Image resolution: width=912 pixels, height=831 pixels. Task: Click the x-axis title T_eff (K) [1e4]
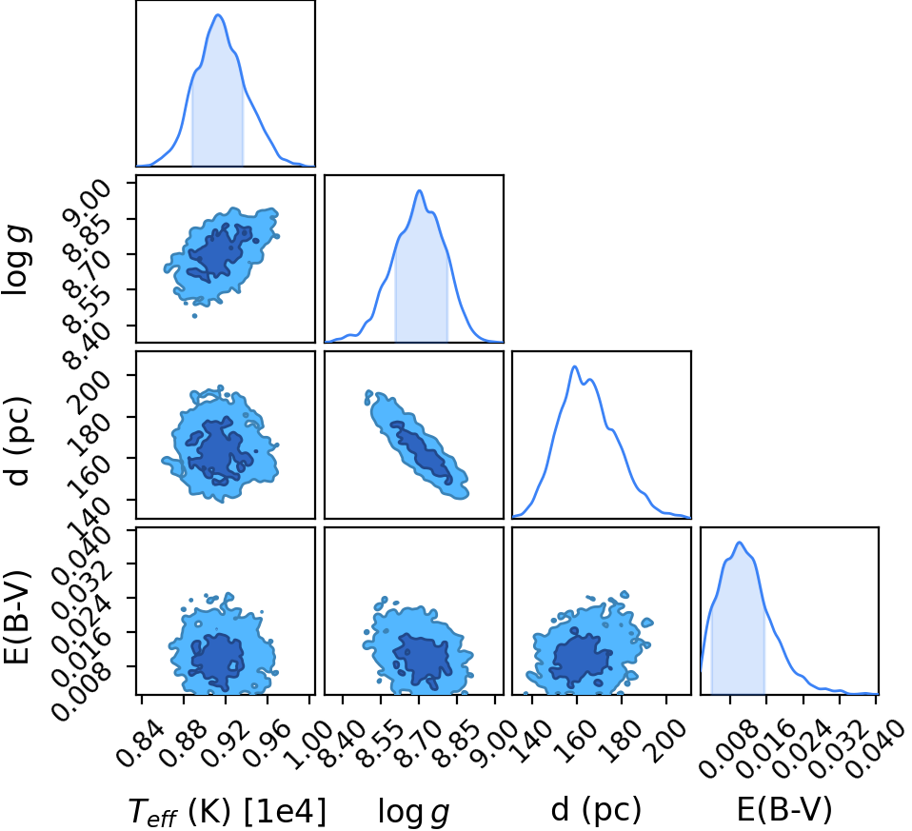coord(228,810)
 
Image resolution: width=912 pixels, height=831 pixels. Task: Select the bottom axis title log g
coord(413,811)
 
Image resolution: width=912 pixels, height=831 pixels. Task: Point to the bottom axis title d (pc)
coord(596,809)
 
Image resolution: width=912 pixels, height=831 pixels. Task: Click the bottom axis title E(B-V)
coord(784,809)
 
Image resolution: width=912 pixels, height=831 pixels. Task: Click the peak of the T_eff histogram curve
coord(219,14)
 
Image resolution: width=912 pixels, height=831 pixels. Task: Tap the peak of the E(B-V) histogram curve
coord(740,543)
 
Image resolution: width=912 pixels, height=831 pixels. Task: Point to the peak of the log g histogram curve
coord(419,190)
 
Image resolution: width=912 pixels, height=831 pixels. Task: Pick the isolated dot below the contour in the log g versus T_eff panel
coord(194,316)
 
